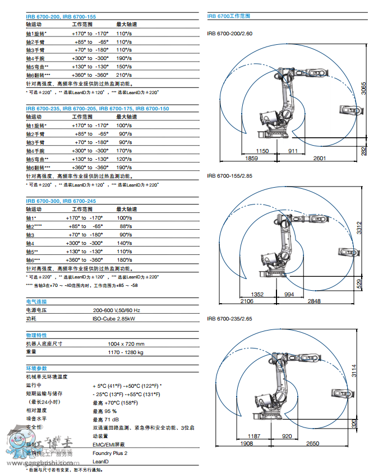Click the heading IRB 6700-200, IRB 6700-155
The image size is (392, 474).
click(x=61, y=17)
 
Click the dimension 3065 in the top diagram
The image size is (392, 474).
click(x=363, y=90)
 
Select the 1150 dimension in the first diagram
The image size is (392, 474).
click(x=262, y=151)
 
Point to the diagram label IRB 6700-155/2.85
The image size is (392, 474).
click(x=230, y=175)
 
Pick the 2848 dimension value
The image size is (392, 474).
click(x=314, y=301)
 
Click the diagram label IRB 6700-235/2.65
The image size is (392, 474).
click(x=230, y=318)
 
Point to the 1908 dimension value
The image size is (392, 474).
click(x=246, y=444)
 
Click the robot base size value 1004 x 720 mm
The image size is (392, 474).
click(x=126, y=344)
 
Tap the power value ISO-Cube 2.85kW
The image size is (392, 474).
click(x=114, y=319)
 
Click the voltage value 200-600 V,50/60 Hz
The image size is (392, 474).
click(x=116, y=310)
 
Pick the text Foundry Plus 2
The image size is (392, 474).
click(x=110, y=453)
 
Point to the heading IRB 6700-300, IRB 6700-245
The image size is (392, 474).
click(x=61, y=201)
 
